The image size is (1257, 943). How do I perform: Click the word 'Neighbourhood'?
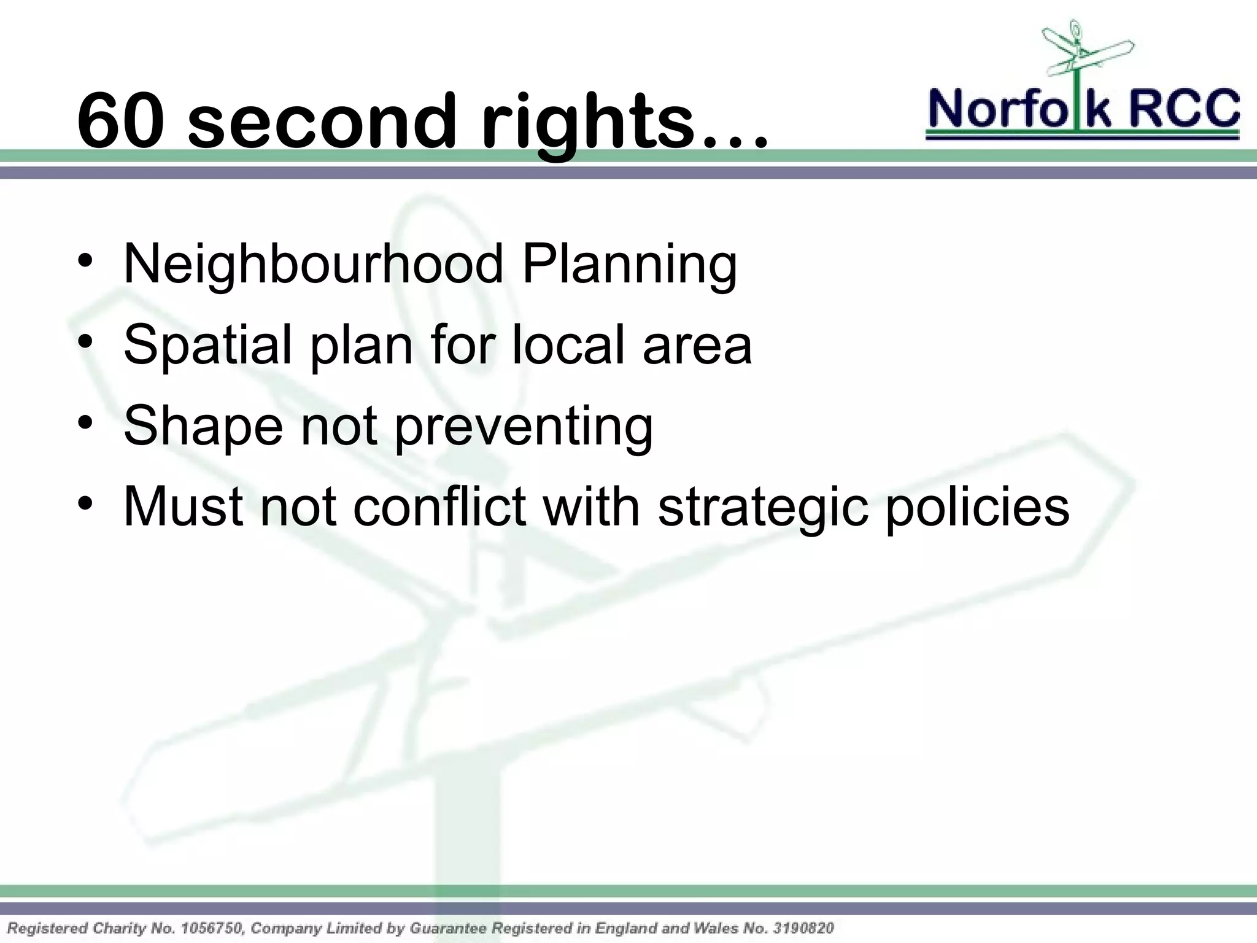tap(313, 264)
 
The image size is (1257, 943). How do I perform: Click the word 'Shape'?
tap(203, 427)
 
